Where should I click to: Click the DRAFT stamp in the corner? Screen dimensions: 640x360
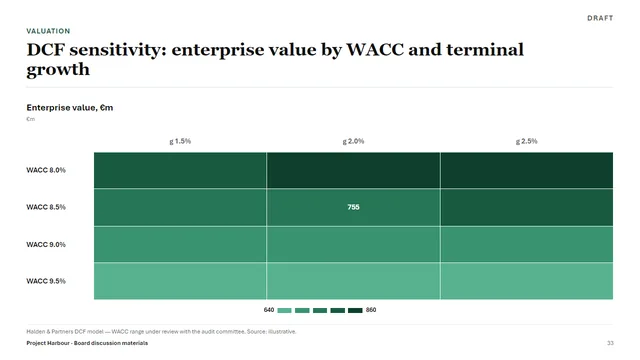click(600, 18)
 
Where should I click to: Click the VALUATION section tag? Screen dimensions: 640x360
click(48, 31)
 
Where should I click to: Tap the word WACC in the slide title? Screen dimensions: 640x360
click(375, 50)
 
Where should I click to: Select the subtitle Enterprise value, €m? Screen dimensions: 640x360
click(70, 108)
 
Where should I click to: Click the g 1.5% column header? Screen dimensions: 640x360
click(180, 141)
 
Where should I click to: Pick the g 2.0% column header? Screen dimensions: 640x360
click(353, 141)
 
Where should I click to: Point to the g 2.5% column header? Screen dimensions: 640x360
click(527, 141)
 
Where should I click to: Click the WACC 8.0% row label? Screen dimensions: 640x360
click(46, 170)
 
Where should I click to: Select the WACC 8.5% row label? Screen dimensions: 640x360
click(46, 207)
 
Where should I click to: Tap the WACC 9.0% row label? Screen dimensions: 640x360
click(46, 244)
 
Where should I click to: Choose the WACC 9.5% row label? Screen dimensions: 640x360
click(46, 281)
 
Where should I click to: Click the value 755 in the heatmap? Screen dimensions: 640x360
click(353, 207)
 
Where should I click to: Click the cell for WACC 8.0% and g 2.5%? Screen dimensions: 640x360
click(527, 170)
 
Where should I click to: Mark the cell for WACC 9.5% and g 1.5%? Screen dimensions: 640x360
click(180, 281)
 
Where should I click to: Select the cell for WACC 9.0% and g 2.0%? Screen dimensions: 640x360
click(353, 244)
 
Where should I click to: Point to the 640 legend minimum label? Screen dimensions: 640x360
click(269, 310)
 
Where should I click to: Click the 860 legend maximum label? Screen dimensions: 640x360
click(371, 310)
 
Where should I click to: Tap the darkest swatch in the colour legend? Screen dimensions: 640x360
click(355, 311)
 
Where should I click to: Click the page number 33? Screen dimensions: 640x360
click(610, 343)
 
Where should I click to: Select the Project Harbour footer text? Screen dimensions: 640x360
click(87, 343)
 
